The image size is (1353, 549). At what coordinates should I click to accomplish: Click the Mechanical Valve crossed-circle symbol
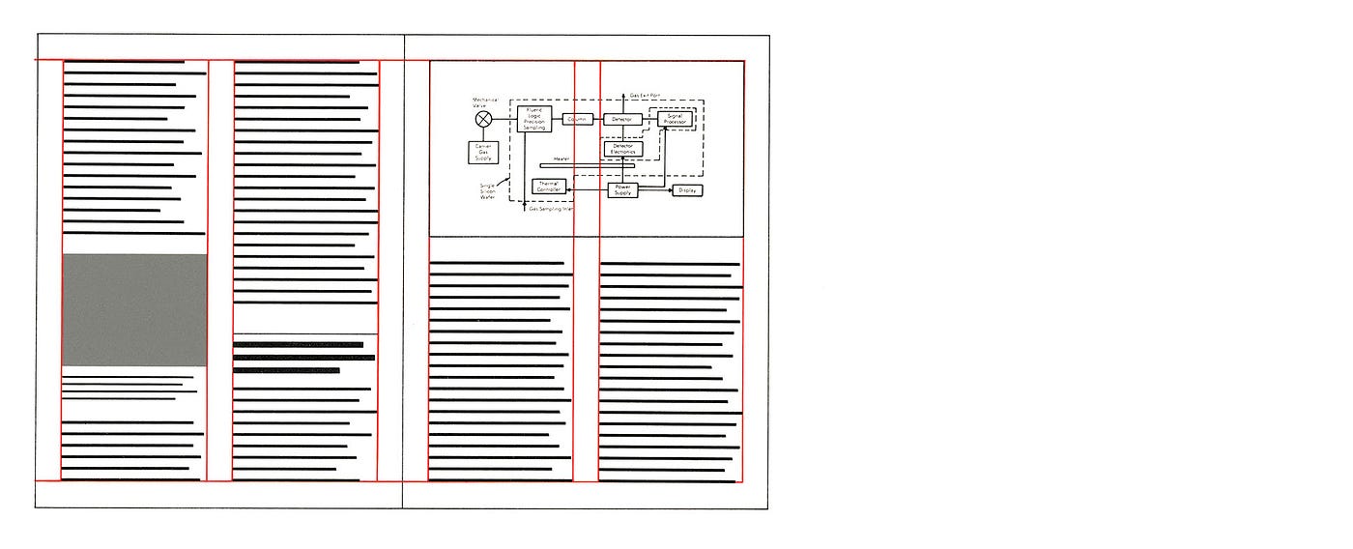pos(484,119)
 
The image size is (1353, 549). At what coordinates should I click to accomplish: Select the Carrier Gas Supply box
pos(483,152)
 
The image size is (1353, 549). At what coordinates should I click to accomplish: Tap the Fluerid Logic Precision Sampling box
pos(534,119)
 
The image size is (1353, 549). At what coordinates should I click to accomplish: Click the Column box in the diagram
pos(578,119)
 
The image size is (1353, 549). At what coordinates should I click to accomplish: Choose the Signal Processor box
pos(674,119)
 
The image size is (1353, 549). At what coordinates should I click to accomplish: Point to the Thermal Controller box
pos(548,187)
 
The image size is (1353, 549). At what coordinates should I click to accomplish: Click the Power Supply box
pos(622,190)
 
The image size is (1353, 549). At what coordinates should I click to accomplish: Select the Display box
pos(687,190)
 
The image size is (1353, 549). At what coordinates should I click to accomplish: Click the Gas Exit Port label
pos(645,95)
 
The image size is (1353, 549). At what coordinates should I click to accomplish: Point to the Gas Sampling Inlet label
pos(552,209)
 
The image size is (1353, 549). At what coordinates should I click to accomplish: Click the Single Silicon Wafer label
pos(487,191)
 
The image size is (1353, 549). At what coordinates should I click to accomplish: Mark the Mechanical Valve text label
pos(484,101)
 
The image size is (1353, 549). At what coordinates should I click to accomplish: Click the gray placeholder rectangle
pos(134,309)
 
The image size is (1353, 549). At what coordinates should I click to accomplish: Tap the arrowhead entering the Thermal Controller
pos(566,188)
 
